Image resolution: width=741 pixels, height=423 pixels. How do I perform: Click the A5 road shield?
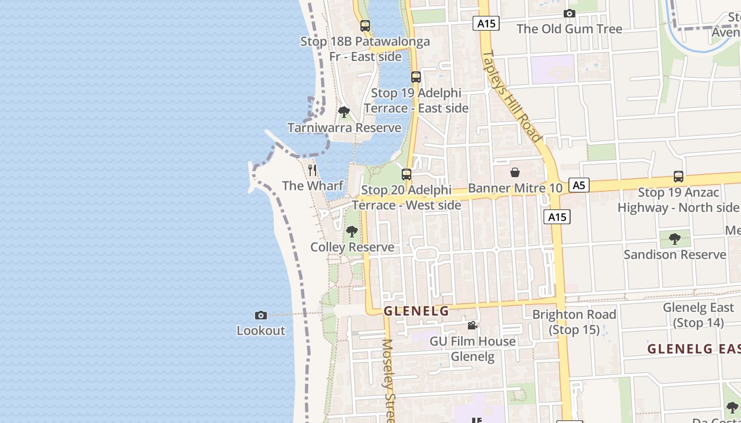tap(579, 185)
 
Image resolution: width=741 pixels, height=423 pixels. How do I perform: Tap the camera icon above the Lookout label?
tap(261, 316)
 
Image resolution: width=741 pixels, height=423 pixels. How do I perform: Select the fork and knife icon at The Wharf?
tap(312, 170)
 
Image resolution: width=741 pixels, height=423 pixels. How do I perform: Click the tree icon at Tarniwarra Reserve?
tap(344, 112)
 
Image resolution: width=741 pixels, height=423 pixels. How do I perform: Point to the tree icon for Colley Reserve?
tap(351, 232)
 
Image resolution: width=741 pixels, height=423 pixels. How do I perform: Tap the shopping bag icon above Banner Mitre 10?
tap(514, 172)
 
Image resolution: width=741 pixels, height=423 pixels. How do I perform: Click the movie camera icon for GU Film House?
tap(472, 326)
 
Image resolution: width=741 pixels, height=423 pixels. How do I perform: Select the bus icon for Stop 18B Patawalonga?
tap(365, 25)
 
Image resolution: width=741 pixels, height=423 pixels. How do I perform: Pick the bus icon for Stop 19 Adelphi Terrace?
tap(416, 77)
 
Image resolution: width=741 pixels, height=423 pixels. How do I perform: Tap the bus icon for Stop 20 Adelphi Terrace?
tap(406, 174)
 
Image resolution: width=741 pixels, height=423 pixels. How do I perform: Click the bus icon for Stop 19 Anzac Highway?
tap(678, 177)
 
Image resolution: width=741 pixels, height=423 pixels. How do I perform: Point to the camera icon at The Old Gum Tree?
tap(570, 14)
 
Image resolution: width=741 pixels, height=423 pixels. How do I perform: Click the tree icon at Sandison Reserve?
tap(674, 239)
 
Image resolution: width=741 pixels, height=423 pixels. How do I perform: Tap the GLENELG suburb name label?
tap(416, 311)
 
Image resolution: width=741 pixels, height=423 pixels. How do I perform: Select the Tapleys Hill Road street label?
tap(512, 96)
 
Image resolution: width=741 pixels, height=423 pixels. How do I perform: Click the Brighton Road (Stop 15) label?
tap(574, 322)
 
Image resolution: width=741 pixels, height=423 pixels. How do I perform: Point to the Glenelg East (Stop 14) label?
tap(698, 315)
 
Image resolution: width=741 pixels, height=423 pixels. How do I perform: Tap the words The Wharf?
tap(313, 186)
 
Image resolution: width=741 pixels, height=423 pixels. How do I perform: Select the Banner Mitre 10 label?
tap(515, 188)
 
